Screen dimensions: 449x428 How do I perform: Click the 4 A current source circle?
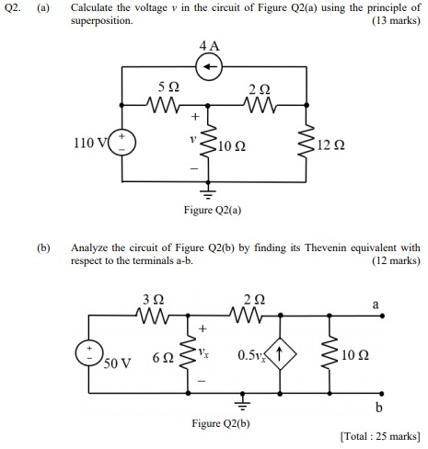point(212,67)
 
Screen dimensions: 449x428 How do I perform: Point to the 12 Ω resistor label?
point(330,146)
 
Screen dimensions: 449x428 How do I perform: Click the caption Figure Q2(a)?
point(211,212)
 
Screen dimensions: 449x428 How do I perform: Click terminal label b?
point(376,408)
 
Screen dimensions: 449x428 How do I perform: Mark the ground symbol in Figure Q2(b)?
point(242,402)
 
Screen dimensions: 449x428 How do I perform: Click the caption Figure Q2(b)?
point(218,423)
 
